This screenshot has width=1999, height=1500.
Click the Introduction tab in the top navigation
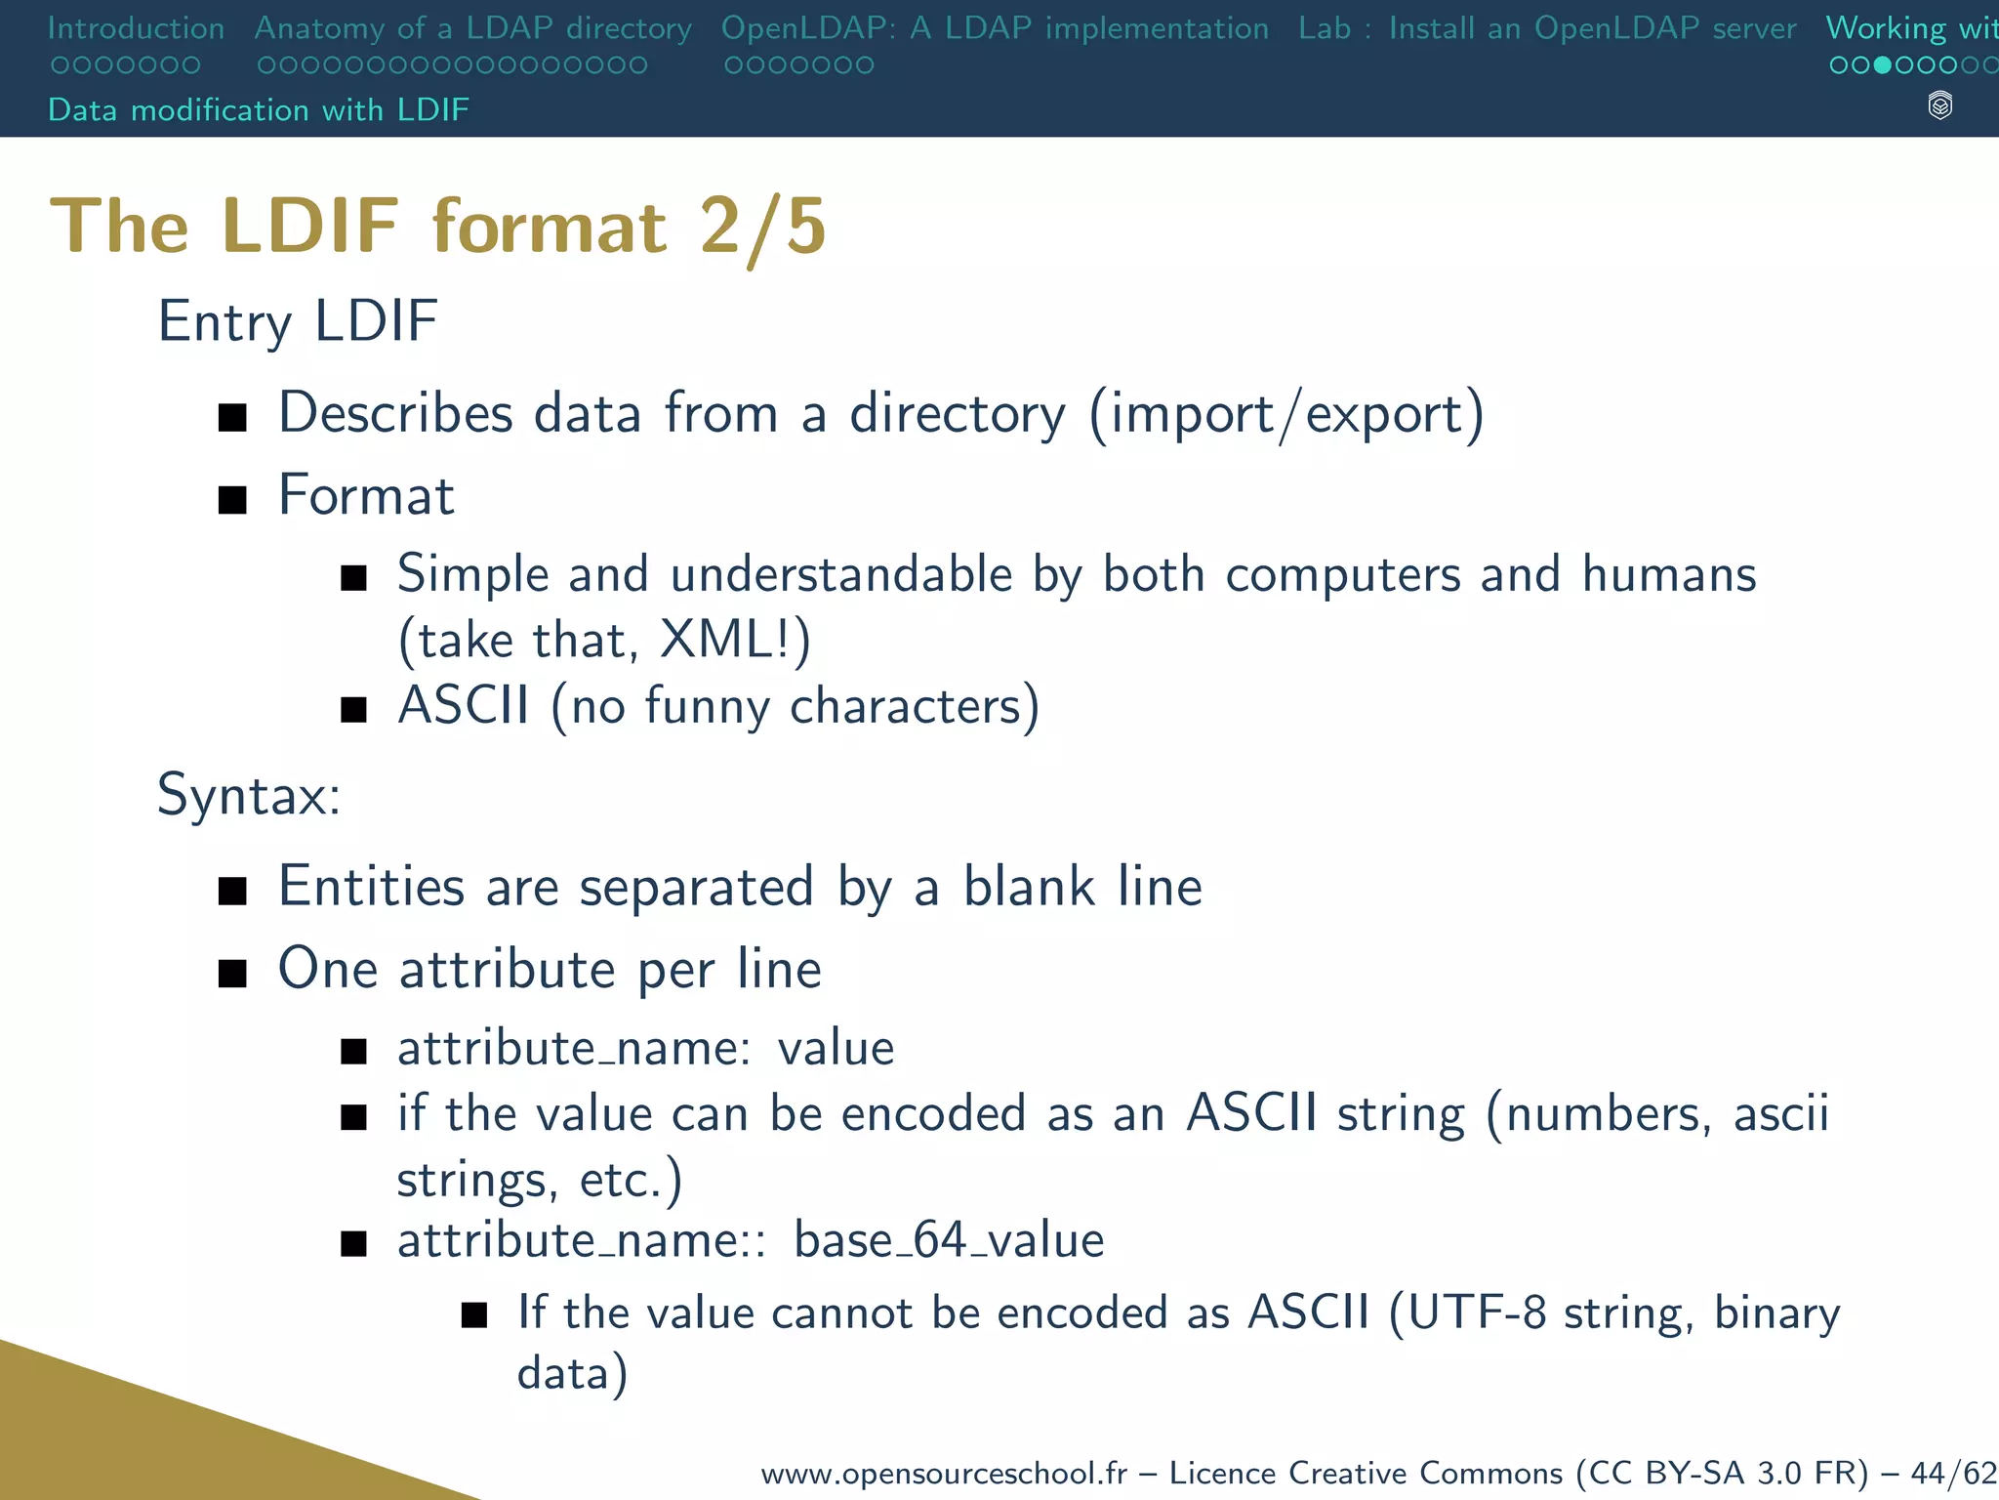click(x=136, y=28)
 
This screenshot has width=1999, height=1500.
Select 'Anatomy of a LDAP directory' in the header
click(x=473, y=28)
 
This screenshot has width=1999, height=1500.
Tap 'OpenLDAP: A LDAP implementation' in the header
click(x=995, y=28)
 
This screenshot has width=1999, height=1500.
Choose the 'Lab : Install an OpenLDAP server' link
click(x=1547, y=28)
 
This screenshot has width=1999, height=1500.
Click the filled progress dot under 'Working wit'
click(x=1883, y=65)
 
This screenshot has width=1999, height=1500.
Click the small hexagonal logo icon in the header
click(x=1940, y=105)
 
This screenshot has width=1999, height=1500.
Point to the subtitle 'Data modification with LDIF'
click(x=259, y=109)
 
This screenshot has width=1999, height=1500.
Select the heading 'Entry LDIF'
click(x=298, y=321)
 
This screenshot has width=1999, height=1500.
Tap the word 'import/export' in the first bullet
click(x=1286, y=414)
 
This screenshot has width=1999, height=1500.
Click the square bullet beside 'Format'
click(x=232, y=500)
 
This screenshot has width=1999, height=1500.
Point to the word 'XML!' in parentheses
click(x=728, y=641)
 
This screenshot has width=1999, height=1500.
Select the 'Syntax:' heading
click(x=249, y=795)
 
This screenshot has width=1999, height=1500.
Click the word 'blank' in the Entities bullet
click(x=1029, y=887)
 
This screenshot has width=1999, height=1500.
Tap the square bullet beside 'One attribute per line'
click(x=232, y=973)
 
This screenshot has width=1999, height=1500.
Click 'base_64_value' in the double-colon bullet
click(x=949, y=1240)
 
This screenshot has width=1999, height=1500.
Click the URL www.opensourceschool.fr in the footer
click(x=944, y=1473)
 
